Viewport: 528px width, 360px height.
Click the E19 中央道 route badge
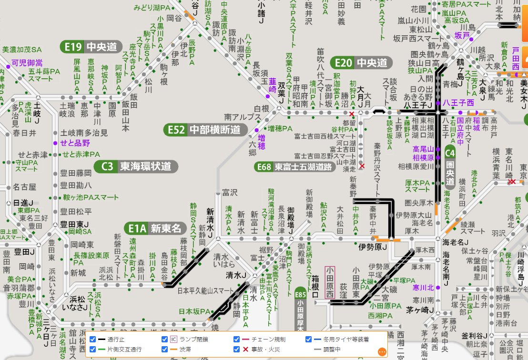pyautogui.click(x=90, y=47)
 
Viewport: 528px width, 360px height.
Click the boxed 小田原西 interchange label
pyautogui.click(x=329, y=282)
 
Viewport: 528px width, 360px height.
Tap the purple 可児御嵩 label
pyautogui.click(x=27, y=62)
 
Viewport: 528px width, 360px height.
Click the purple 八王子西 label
pyautogui.click(x=458, y=103)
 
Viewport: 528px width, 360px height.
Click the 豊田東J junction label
pyautogui.click(x=75, y=224)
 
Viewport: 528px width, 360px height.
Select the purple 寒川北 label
pyautogui.click(x=424, y=288)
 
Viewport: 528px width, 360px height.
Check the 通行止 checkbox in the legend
pyautogui.click(x=93, y=339)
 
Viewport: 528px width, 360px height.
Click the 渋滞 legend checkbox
pyautogui.click(x=165, y=350)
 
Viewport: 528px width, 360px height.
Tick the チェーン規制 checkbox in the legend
pyautogui.click(x=237, y=339)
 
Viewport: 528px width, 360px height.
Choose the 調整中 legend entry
pyautogui.click(x=333, y=350)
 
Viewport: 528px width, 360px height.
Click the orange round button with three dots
pyautogui.click(x=382, y=352)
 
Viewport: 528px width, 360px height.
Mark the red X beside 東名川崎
pyautogui.click(x=512, y=182)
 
